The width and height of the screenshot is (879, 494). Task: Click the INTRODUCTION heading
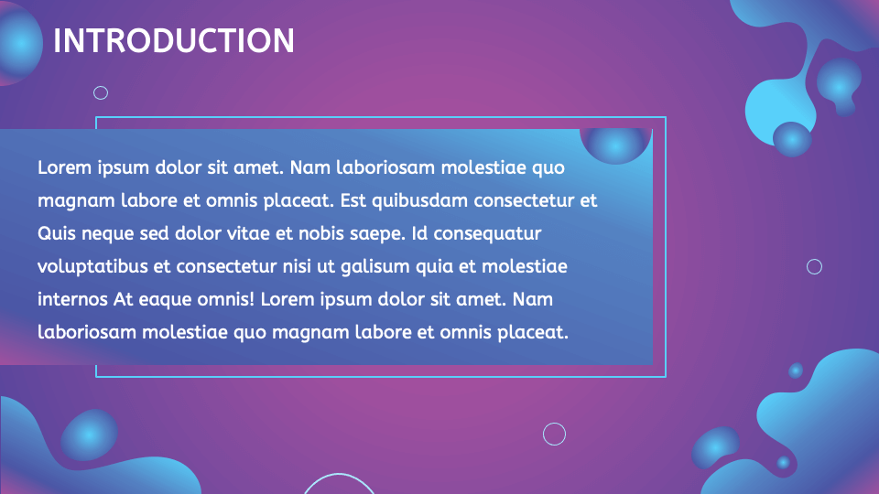(x=174, y=41)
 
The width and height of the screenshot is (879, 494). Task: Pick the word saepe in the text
(x=379, y=233)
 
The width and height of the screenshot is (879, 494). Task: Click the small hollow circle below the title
(x=102, y=92)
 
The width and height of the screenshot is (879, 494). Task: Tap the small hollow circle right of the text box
(x=814, y=266)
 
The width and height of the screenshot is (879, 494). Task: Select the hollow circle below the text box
(x=554, y=434)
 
